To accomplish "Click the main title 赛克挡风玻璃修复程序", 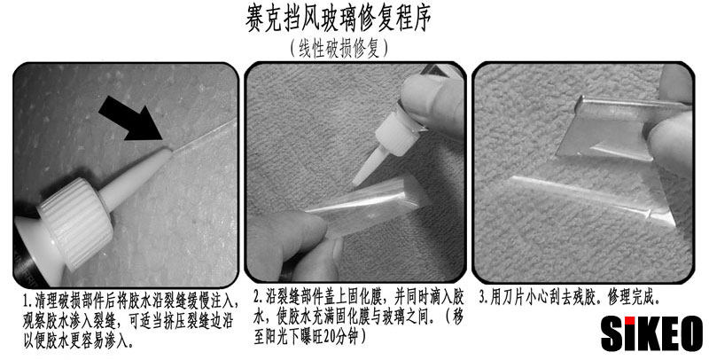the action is pyautogui.click(x=339, y=19).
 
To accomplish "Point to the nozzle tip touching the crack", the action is pyautogui.click(x=169, y=152).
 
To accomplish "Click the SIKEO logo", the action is pyautogui.click(x=651, y=334).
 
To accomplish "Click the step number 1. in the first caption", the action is pyautogui.click(x=28, y=301).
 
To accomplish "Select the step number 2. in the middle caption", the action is pyautogui.click(x=259, y=298).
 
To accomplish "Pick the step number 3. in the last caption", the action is pyautogui.click(x=484, y=298).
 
